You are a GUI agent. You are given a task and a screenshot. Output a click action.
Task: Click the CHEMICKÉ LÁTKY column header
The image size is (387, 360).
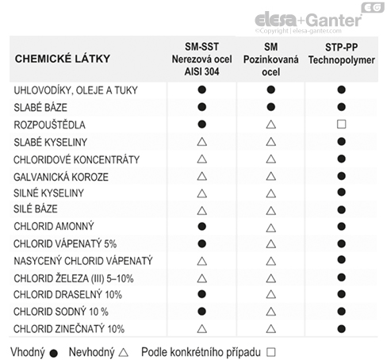(63, 59)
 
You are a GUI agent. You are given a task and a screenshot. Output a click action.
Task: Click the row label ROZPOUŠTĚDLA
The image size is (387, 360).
(49, 125)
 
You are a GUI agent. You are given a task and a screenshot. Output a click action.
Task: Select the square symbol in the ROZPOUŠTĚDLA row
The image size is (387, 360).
(342, 124)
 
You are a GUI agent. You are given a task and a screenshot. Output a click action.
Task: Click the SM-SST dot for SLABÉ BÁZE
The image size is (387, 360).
(201, 108)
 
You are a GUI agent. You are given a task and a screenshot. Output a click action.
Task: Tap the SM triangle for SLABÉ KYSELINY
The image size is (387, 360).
(270, 142)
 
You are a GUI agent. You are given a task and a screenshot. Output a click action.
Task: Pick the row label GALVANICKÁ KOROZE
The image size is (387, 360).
(61, 176)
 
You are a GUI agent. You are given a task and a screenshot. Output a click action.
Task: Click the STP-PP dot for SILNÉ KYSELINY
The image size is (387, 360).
(342, 193)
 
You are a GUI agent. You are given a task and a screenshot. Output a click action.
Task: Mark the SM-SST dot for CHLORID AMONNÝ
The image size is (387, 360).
(201, 227)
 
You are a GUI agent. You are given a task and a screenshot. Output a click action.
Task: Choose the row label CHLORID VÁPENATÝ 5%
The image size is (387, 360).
(65, 243)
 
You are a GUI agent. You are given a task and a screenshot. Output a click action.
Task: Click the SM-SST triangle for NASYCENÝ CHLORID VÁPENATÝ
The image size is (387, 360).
(201, 261)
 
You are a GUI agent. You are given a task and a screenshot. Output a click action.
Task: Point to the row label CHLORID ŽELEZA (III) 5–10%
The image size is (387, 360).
(75, 278)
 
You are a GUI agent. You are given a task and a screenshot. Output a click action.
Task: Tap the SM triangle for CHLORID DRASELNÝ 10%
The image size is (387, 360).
(270, 295)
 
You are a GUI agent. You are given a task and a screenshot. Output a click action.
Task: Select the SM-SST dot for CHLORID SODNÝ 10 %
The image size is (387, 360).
(201, 312)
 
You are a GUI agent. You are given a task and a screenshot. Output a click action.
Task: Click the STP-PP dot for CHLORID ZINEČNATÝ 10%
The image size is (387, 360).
(342, 328)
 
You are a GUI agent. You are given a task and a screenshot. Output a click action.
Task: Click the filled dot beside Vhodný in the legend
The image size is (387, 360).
(52, 350)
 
